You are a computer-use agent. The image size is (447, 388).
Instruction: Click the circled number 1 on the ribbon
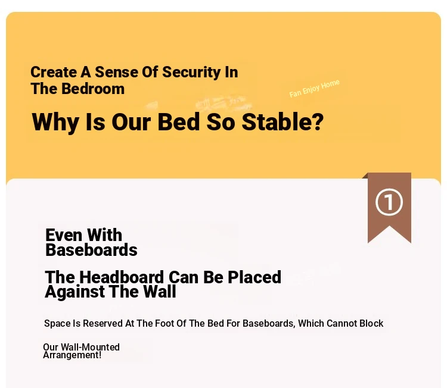389,202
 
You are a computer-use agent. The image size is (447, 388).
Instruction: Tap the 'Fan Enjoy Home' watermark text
315,89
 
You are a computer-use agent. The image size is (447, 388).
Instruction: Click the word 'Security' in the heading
191,73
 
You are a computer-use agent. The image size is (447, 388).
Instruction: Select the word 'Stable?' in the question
283,122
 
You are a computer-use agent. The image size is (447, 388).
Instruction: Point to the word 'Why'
55,123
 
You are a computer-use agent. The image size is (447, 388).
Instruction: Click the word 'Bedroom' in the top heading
93,89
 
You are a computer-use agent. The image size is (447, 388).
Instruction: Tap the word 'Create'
54,72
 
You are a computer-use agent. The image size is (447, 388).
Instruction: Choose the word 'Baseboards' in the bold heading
92,250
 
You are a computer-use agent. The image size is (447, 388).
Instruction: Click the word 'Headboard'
122,277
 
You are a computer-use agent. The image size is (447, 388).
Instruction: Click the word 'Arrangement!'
72,355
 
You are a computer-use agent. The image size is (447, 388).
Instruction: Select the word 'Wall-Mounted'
90,347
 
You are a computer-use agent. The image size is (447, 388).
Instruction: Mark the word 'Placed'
254,277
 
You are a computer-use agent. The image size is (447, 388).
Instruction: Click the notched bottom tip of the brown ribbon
389,227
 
